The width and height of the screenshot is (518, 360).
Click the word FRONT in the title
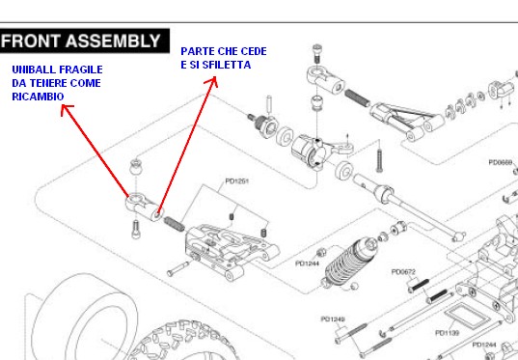click(x=31, y=41)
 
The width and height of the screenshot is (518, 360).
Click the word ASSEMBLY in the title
click(x=113, y=41)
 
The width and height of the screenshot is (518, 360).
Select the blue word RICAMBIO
click(x=38, y=97)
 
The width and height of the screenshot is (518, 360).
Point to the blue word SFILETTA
click(x=227, y=65)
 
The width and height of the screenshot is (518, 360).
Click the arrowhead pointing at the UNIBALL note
click(x=66, y=110)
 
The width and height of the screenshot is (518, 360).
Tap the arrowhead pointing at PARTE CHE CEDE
click(x=213, y=81)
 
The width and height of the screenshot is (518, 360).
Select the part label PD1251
click(x=237, y=181)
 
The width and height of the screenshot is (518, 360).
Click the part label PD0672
click(x=403, y=272)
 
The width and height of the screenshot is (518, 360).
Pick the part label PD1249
click(x=333, y=319)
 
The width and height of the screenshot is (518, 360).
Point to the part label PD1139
click(x=448, y=333)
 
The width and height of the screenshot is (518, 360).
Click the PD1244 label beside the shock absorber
click(x=308, y=263)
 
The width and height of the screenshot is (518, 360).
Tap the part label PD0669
click(x=501, y=162)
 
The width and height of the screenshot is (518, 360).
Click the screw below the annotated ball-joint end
click(x=136, y=229)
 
